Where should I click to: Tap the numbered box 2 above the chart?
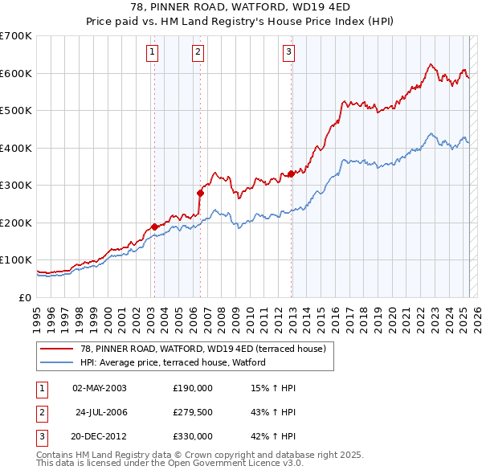tap(198, 53)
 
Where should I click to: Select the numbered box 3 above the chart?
tap(288, 53)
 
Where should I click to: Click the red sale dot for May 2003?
tap(154, 227)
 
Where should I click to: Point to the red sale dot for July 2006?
tap(200, 193)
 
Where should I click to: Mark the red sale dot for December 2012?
tap(291, 174)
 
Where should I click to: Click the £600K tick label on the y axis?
tap(16, 73)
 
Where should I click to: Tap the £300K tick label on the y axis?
tap(16, 186)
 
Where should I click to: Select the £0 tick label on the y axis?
tap(24, 297)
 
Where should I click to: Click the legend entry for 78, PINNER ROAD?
tap(202, 349)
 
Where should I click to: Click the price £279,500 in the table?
tap(193, 412)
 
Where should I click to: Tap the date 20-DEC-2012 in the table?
tap(96, 436)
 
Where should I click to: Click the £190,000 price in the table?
tap(193, 388)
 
